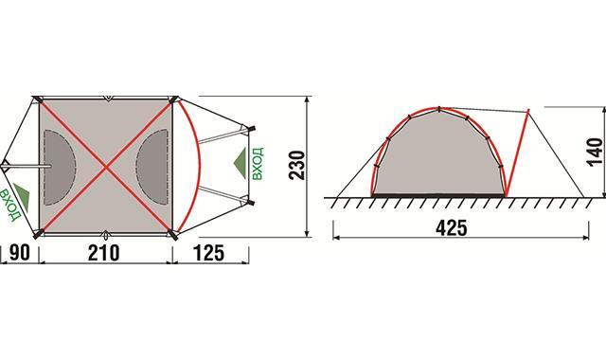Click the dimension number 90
19,253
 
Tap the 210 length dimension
103,253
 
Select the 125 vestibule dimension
208,253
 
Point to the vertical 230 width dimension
296,165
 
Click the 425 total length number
451,228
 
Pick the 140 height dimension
596,152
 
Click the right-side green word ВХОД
258,164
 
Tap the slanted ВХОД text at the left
9,205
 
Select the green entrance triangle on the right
241,163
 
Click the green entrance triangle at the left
23,196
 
